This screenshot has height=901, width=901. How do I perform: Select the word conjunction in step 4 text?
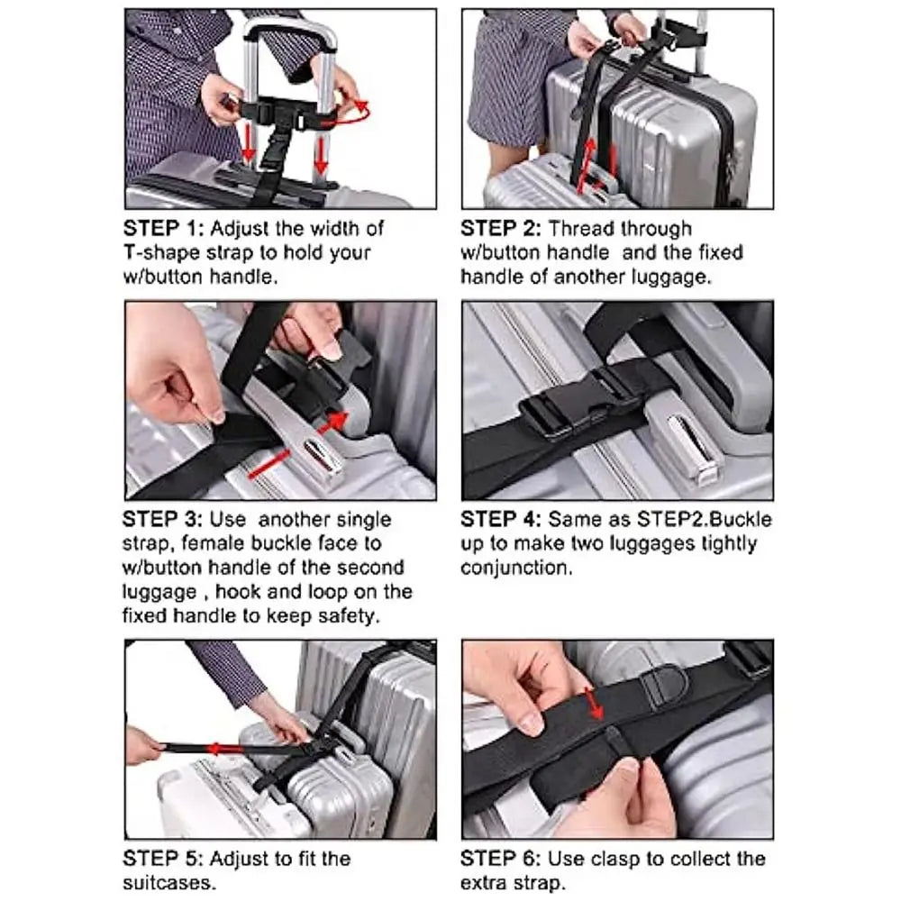515,569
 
